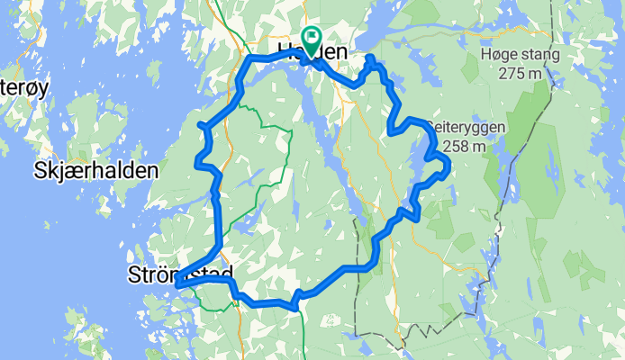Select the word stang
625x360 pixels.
(x=541, y=54)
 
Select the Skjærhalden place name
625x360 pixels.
(x=96, y=170)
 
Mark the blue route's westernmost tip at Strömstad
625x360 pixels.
(x=177, y=284)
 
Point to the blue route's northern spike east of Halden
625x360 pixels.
(x=369, y=59)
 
